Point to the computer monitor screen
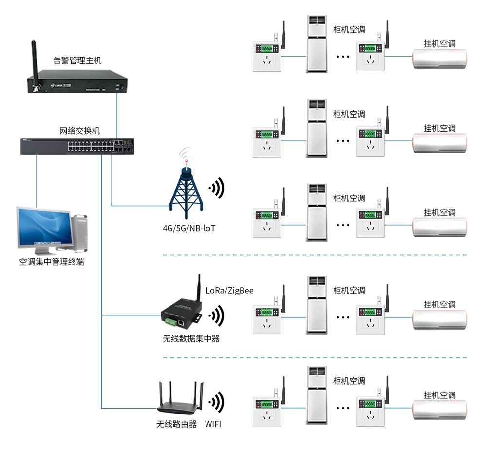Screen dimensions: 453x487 click(43, 226)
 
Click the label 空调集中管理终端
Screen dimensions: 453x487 click(52, 262)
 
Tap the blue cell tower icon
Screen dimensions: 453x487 click(185, 190)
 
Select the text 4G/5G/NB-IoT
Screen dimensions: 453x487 click(189, 228)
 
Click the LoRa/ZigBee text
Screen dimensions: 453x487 click(229, 290)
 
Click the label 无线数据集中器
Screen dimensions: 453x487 click(191, 338)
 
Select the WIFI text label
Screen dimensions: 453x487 click(213, 424)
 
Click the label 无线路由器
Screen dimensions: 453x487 click(176, 424)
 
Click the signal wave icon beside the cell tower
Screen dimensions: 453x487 click(217, 188)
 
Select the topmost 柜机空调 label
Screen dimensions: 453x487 click(349, 29)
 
